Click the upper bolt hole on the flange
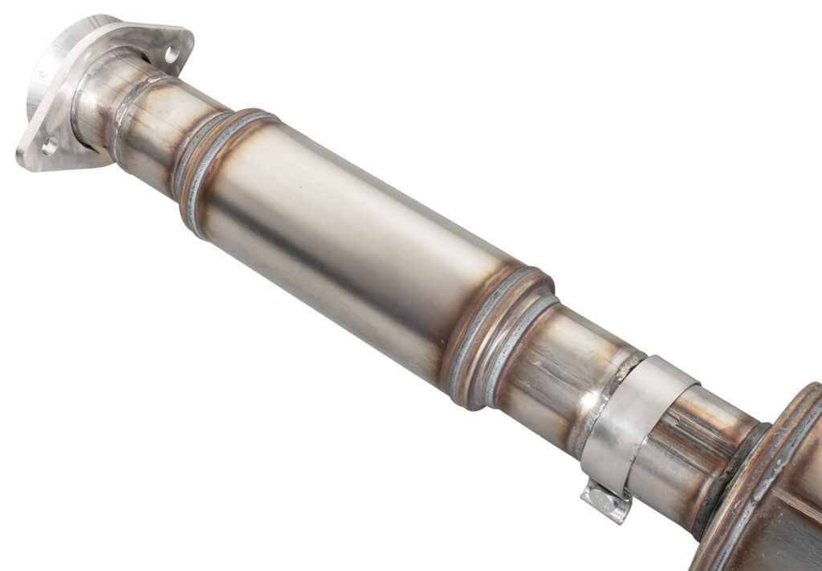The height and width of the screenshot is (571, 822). [x=171, y=53]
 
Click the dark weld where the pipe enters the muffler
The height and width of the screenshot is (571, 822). [x=735, y=474]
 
